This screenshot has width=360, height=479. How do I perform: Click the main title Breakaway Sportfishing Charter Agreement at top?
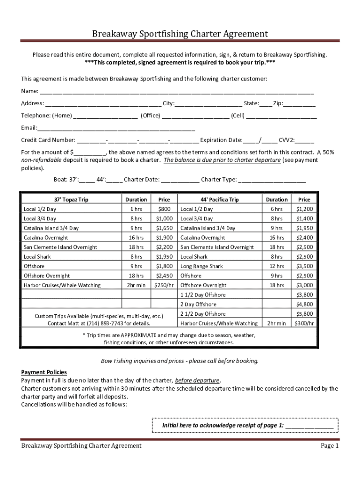click(180, 34)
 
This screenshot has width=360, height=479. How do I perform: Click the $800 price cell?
click(164, 209)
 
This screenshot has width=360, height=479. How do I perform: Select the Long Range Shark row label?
click(202, 266)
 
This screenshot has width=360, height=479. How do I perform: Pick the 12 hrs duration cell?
click(277, 266)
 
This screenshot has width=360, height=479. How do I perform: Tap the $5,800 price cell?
click(304, 314)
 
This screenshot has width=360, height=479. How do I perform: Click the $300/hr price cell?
click(304, 323)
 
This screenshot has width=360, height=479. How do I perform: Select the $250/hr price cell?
click(164, 285)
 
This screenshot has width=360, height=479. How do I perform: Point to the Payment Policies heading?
click(44, 372)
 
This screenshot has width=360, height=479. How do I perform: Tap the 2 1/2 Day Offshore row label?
click(203, 314)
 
